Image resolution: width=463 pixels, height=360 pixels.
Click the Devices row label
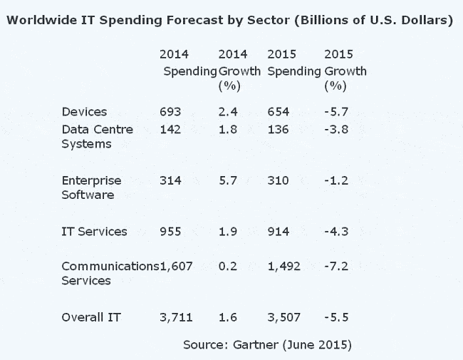pyautogui.click(x=84, y=112)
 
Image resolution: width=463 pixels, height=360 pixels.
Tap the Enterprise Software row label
pyautogui.click(x=92, y=187)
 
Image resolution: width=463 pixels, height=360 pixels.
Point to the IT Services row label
pyautogui.click(x=95, y=232)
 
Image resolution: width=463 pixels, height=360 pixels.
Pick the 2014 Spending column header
pyautogui.click(x=189, y=63)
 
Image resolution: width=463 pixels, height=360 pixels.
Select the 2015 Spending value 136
pyautogui.click(x=278, y=129)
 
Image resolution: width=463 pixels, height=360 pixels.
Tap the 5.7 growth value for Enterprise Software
pyautogui.click(x=227, y=180)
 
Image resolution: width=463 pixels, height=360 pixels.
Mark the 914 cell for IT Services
pyautogui.click(x=278, y=232)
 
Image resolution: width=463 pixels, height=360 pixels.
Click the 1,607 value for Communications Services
pyautogui.click(x=177, y=266)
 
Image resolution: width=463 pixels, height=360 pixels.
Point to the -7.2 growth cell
pyautogui.click(x=335, y=266)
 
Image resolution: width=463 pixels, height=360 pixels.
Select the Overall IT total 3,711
pyautogui.click(x=176, y=316)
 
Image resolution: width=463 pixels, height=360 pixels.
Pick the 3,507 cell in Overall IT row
pyautogui.click(x=283, y=316)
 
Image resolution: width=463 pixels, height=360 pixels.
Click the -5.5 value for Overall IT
pyautogui.click(x=335, y=316)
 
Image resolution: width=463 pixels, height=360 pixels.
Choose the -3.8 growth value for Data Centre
pyautogui.click(x=335, y=129)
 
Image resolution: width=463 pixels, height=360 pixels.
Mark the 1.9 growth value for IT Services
pyautogui.click(x=227, y=232)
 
